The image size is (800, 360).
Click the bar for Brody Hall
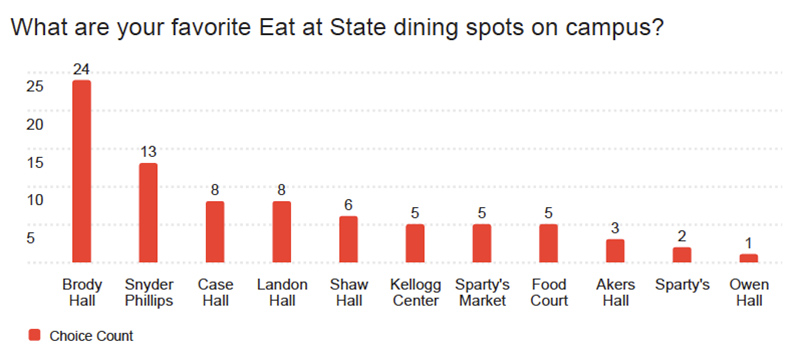coord(82,171)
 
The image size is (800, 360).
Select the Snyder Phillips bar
coord(148,212)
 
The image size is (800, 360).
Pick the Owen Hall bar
coord(749,258)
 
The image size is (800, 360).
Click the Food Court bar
coord(548,243)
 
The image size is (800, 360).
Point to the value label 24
coord(82,69)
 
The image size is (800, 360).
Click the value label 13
coord(148,152)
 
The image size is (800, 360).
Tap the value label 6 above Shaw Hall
coord(348,205)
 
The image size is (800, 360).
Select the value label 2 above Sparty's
coord(682,235)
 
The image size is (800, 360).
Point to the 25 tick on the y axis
coord(34,86)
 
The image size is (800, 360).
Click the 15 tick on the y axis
coord(34,162)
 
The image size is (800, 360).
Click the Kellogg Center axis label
coord(415,292)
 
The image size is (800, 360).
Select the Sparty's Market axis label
coord(482,292)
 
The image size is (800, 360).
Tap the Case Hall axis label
coord(215,292)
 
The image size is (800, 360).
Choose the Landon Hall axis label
coord(282,292)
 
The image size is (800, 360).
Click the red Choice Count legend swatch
coord(36,336)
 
